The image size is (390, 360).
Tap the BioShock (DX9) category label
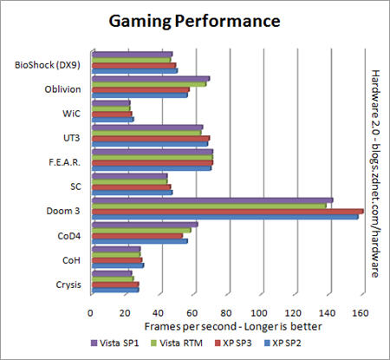[x=49, y=63]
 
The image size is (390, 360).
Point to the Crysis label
[x=68, y=285]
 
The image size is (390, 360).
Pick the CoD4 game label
[x=69, y=235]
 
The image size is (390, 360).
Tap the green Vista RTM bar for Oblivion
[x=148, y=84]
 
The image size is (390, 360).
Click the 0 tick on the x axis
[x=91, y=313]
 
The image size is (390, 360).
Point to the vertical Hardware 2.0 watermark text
[x=376, y=173]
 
